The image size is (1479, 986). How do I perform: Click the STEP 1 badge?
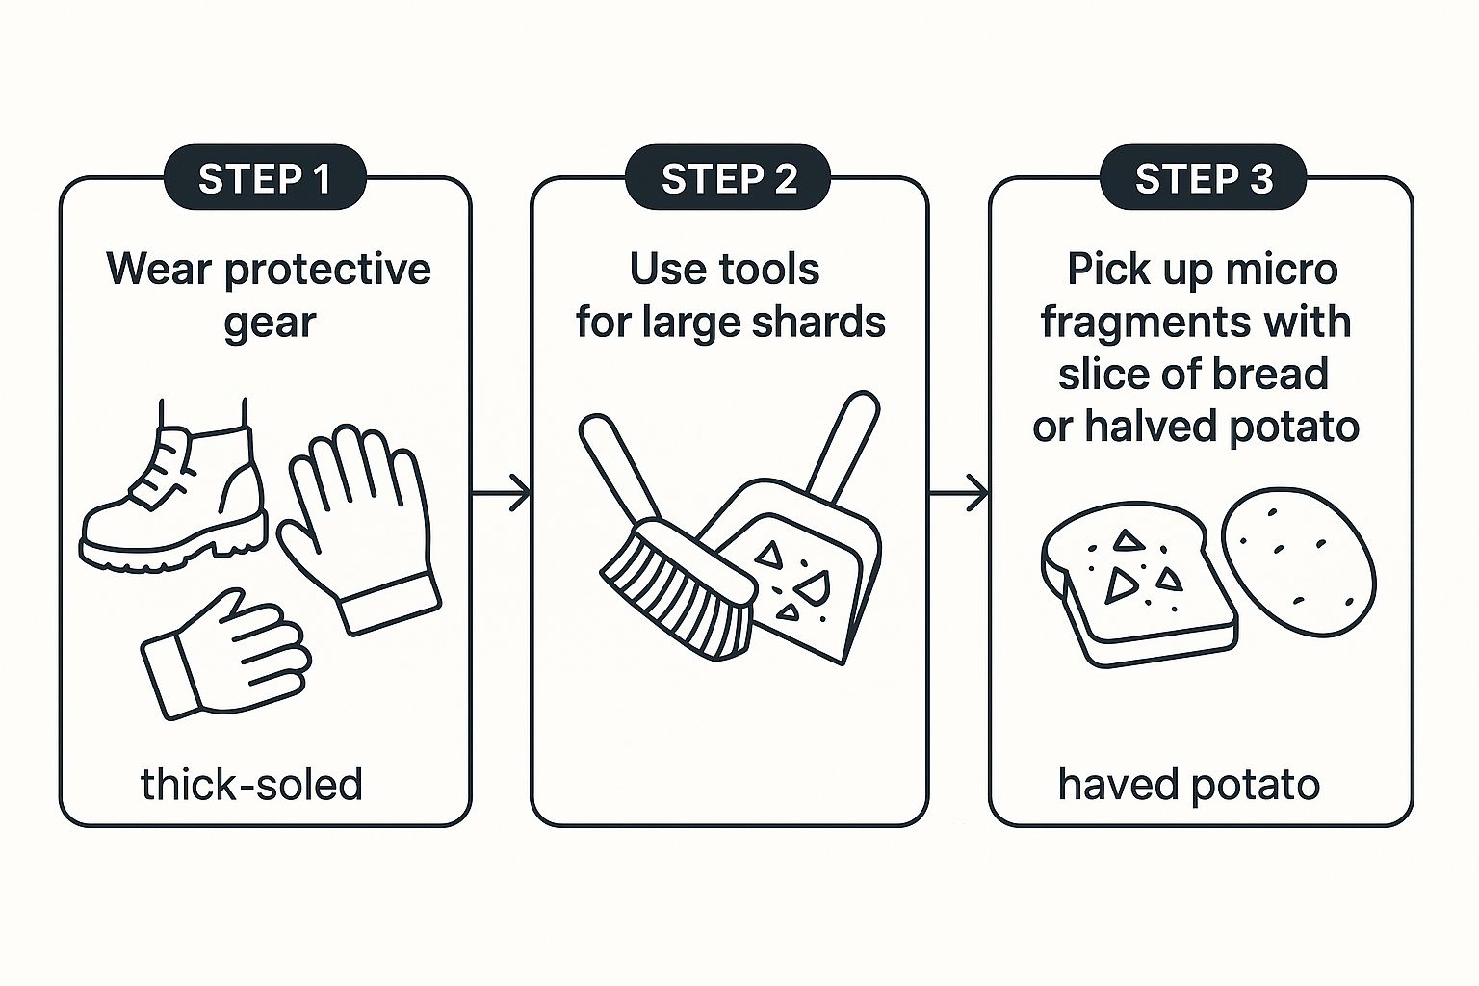pyautogui.click(x=265, y=177)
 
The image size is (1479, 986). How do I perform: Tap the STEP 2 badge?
pyautogui.click(x=728, y=177)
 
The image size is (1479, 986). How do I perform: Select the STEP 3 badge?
pyautogui.click(x=1203, y=177)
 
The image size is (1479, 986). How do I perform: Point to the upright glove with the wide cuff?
pyautogui.click(x=360, y=529)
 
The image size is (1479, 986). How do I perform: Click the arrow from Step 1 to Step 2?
pyautogui.click(x=501, y=493)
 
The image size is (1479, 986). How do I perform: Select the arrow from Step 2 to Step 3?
pyautogui.click(x=959, y=493)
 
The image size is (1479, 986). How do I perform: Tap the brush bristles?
pyautogui.click(x=677, y=591)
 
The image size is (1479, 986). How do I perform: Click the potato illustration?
pyautogui.click(x=1298, y=562)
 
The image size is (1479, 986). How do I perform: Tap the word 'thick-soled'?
pyautogui.click(x=251, y=785)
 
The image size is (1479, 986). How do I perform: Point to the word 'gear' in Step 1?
pyautogui.click(x=270, y=324)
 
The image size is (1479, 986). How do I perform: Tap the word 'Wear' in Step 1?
pyautogui.click(x=159, y=270)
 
